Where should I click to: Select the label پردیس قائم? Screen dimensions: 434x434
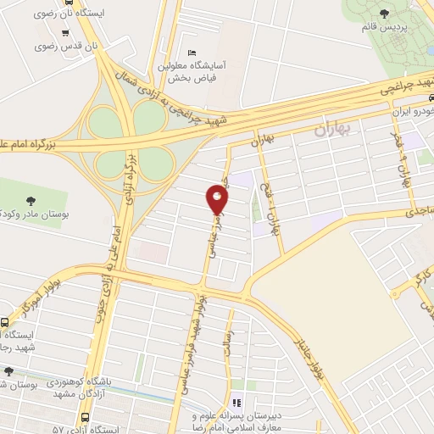tap(406, 27)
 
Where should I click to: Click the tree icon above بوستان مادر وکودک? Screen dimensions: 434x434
tap(31, 201)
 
